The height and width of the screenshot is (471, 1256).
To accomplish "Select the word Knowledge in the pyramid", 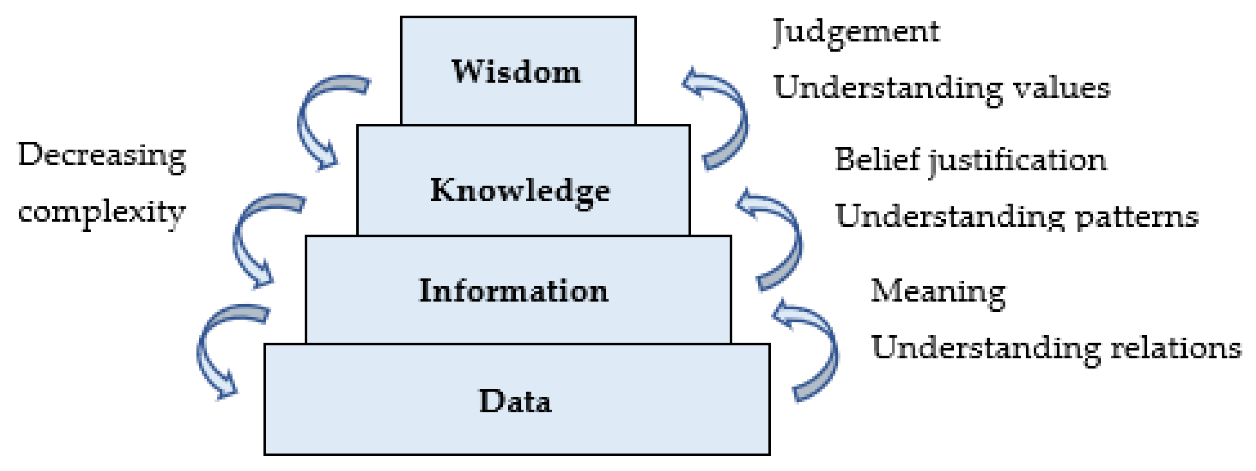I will (x=520, y=191).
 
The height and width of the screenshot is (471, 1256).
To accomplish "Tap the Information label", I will (x=514, y=291).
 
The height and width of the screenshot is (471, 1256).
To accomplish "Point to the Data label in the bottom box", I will (x=515, y=402).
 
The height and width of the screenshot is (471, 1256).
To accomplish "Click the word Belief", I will (x=877, y=160).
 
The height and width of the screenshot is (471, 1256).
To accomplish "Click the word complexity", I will (x=102, y=213).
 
